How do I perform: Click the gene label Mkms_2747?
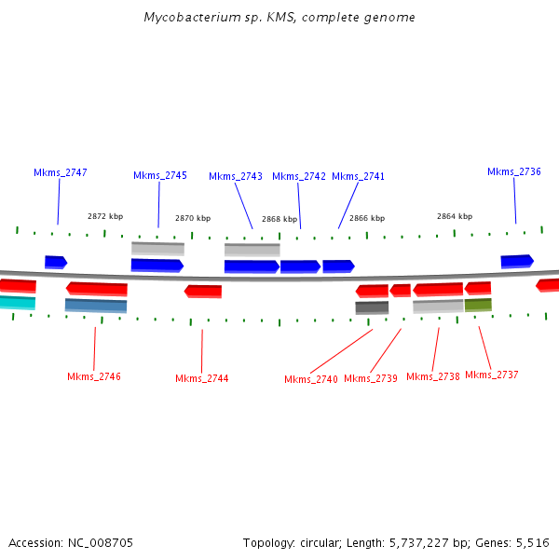pos(61,172)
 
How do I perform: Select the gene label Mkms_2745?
pos(160,175)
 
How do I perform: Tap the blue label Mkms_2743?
pos(236,176)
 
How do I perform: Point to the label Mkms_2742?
pos(299,176)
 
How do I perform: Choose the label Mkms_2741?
pos(359,176)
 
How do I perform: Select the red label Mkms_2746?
pos(94,376)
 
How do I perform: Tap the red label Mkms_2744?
pos(202,378)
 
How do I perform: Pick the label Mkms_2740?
pos(311,379)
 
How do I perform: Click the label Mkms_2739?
pos(371,378)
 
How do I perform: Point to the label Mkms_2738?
pos(433,376)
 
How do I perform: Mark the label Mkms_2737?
pos(492,375)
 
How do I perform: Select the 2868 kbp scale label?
pos(279,219)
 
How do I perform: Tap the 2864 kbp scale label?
pos(455,216)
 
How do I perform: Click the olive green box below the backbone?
pos(478,305)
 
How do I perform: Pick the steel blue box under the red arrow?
pos(96,305)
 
